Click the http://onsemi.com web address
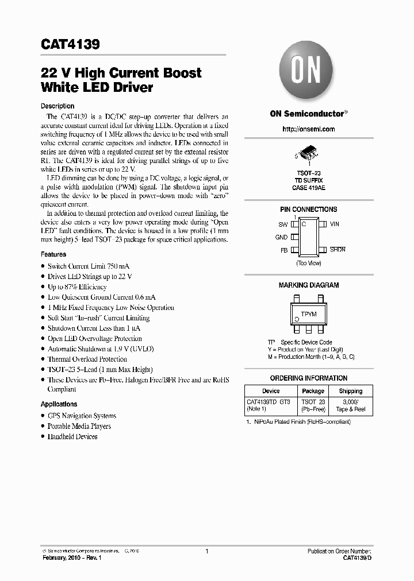pyautogui.click(x=309, y=129)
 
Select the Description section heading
pyautogui.click(x=57, y=106)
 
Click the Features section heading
pyautogui.click(x=53, y=254)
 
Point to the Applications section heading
pyautogui.click(x=59, y=404)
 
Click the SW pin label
pyautogui.click(x=283, y=224)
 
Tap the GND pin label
pyautogui.click(x=281, y=237)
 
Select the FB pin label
pyautogui.click(x=283, y=250)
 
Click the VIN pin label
pyautogui.click(x=335, y=224)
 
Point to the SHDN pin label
pyautogui.click(x=338, y=250)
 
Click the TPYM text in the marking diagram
pyautogui.click(x=309, y=314)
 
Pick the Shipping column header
pyautogui.click(x=350, y=391)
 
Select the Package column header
pyautogui.click(x=313, y=391)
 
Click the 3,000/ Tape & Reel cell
pyautogui.click(x=350, y=406)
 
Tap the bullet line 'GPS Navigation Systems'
pyautogui.click(x=81, y=416)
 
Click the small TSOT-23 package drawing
pyautogui.click(x=309, y=153)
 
